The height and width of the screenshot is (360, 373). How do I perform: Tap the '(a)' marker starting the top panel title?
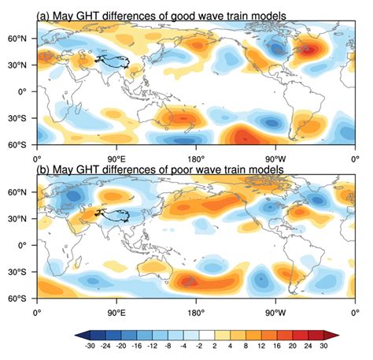click(x=45, y=17)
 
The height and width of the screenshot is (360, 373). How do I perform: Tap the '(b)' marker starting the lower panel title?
click(x=45, y=172)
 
